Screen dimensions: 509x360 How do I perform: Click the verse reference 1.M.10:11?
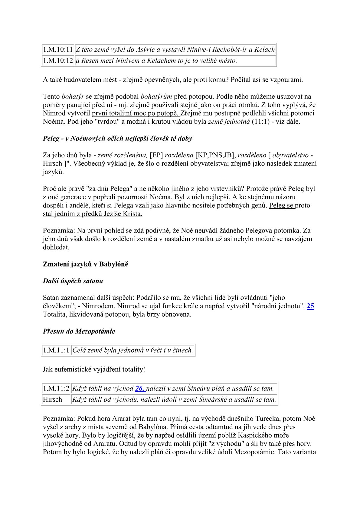pos(58,49)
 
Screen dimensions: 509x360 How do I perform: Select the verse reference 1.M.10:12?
pos(58,60)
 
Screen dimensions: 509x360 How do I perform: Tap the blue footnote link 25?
pos(310,306)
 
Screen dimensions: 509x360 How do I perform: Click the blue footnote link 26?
pos(140,388)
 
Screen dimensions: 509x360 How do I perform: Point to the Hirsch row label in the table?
pos(52,399)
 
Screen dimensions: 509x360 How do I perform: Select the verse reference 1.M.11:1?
pos(56,350)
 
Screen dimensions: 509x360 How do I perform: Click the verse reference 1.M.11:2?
pos(56,388)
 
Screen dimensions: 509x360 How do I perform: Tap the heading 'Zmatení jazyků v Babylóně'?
pos(86,264)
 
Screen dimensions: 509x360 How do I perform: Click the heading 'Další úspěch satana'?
pos(73,281)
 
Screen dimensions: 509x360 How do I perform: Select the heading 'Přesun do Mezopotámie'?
pos(79,331)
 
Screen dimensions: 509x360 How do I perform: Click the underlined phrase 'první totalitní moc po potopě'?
pos(136,113)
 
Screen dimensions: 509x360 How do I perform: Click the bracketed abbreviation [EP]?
pos(156,155)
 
